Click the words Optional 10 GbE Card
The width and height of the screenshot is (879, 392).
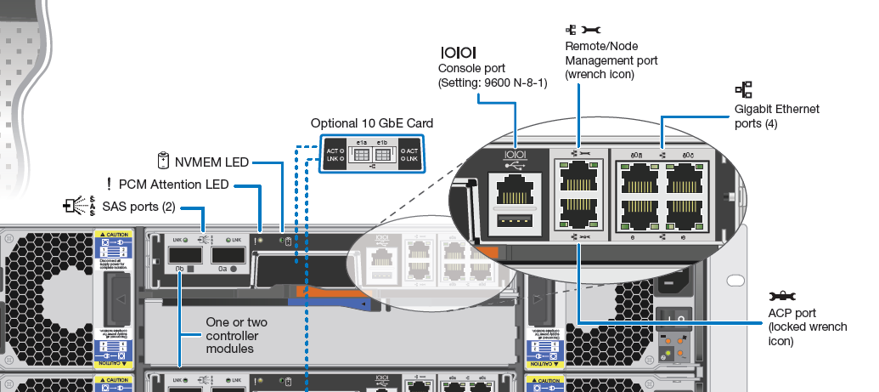[370, 122]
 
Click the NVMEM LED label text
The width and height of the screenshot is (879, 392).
[211, 161]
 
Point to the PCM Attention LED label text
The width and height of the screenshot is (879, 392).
[174, 184]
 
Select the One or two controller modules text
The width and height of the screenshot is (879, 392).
[237, 335]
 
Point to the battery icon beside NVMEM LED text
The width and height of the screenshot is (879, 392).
[164, 160]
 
